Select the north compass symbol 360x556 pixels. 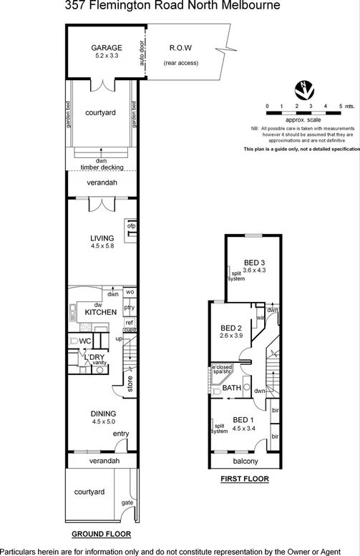(303, 89)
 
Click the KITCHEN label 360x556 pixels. (101, 313)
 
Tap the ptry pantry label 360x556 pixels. (130, 308)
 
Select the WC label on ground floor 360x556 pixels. (85, 341)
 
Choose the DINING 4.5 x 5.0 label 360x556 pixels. (103, 417)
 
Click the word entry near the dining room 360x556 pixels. (121, 433)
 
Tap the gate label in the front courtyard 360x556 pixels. (127, 503)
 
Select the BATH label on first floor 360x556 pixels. (231, 388)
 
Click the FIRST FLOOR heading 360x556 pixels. (245, 478)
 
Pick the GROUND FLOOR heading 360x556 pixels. (101, 534)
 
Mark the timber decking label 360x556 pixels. (102, 167)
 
